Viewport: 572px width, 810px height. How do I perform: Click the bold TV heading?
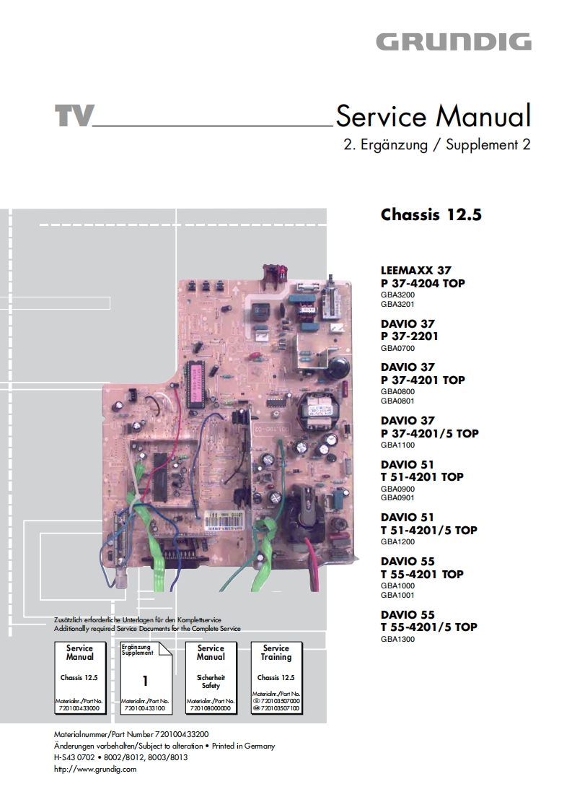74,116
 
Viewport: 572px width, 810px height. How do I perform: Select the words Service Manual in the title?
434,116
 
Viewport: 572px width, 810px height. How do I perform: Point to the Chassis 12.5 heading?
431,215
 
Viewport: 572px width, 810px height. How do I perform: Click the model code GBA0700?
397,348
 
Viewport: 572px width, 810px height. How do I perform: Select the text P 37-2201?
410,336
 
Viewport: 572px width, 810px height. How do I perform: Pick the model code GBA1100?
397,445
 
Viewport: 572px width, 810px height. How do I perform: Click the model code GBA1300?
397,639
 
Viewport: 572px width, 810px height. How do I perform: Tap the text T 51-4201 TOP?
422,476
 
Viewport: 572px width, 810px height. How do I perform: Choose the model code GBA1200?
397,541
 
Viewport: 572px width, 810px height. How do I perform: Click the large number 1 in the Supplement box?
145,680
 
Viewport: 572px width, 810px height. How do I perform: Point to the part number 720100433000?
79,709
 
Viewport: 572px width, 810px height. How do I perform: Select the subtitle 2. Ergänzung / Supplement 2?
437,144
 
